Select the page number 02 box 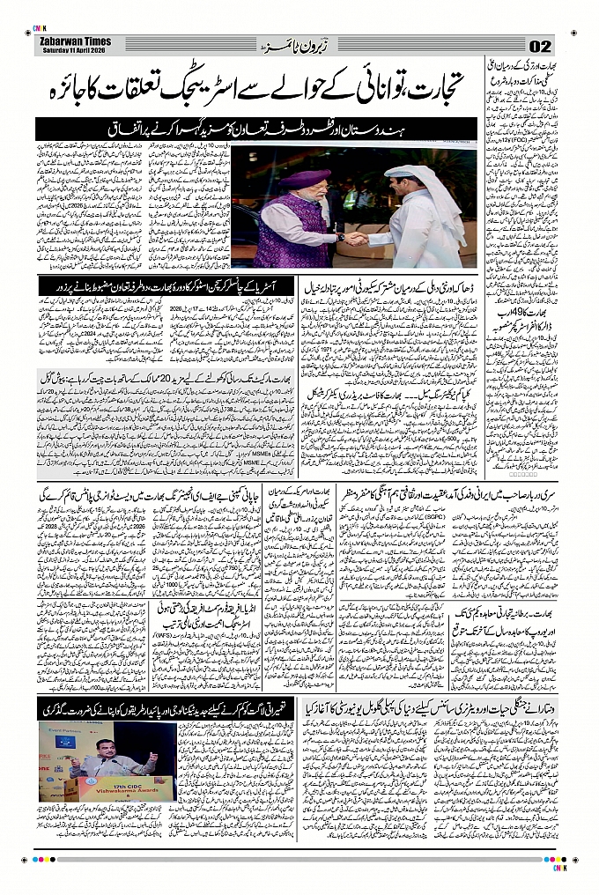pos(539,46)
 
